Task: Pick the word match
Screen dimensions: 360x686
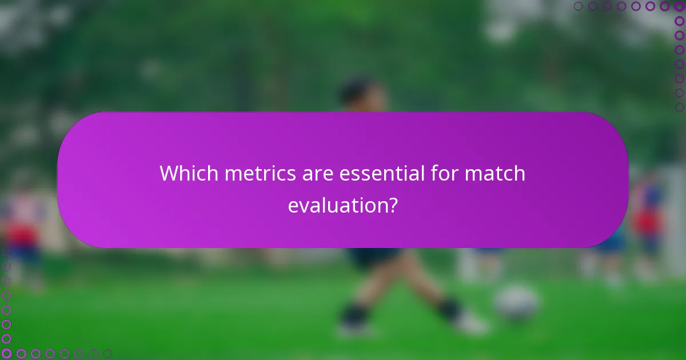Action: [x=495, y=173]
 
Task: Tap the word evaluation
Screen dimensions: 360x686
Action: [x=337, y=205]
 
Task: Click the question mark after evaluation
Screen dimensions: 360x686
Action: [x=393, y=205]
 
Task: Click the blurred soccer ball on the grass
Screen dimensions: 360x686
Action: [x=516, y=302]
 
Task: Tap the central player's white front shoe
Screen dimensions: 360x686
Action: [x=472, y=325]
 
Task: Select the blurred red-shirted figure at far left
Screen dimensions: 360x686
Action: [x=23, y=234]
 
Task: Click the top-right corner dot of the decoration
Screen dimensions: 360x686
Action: [x=679, y=6]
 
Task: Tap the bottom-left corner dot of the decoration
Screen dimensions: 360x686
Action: [x=6, y=354]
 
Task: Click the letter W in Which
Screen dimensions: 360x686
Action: [x=167, y=173]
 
